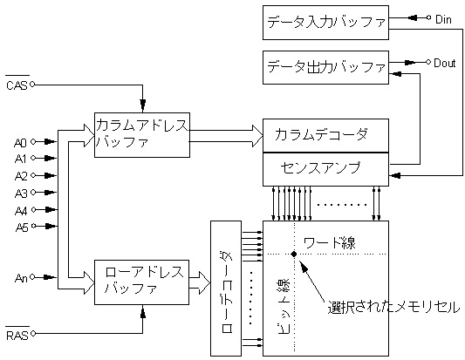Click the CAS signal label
[x=17, y=85]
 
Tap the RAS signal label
[x=17, y=335]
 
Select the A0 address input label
[x=20, y=143]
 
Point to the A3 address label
[x=21, y=194]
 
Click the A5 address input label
[x=22, y=228]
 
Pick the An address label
[x=21, y=278]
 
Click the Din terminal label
[x=443, y=19]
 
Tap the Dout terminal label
[x=445, y=63]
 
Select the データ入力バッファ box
[x=325, y=23]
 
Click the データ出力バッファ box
[x=325, y=68]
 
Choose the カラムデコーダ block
[x=325, y=136]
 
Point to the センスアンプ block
[x=325, y=169]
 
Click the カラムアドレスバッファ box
[x=142, y=135]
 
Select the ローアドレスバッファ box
[x=141, y=282]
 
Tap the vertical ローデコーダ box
[x=226, y=289]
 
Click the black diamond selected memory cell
[x=294, y=254]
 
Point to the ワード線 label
[x=330, y=243]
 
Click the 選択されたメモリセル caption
[x=393, y=307]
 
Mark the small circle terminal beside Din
[x=428, y=17]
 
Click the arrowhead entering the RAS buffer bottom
[x=143, y=313]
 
